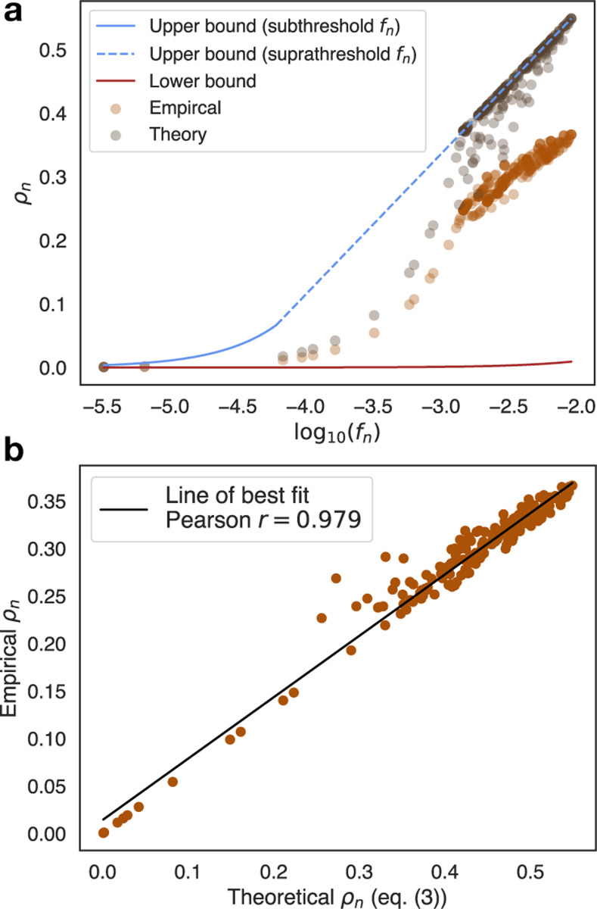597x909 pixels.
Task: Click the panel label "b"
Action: point(12,451)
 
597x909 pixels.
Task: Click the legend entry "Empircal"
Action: point(185,108)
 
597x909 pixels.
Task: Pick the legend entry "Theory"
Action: point(179,134)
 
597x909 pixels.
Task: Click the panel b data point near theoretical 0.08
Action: point(173,782)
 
